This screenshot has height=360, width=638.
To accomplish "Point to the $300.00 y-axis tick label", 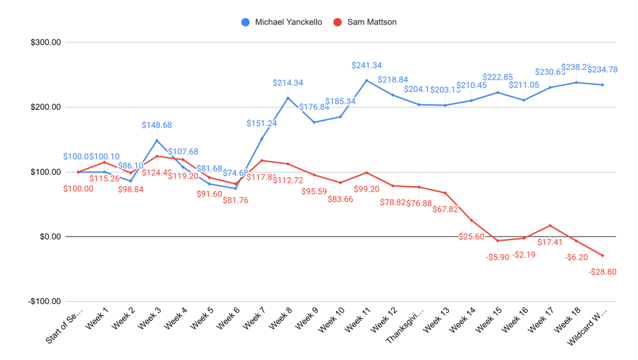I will (46, 42).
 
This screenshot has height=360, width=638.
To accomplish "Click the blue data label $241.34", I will (367, 65).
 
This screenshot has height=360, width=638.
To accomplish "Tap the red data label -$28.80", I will (602, 271).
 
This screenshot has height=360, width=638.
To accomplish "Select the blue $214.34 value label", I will (288, 82).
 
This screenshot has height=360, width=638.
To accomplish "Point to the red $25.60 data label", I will (471, 236).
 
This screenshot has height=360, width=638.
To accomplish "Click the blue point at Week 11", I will (367, 80).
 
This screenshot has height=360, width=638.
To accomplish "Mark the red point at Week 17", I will (550, 225).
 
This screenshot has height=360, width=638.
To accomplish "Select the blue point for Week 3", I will (157, 140).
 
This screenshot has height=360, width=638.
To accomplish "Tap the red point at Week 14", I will (471, 220).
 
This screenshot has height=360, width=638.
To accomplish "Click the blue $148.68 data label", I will (157, 125).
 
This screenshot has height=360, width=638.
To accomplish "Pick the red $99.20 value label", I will (367, 188).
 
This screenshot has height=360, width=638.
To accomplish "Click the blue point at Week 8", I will (288, 98).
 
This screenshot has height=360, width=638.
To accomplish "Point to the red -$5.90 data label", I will (498, 256).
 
